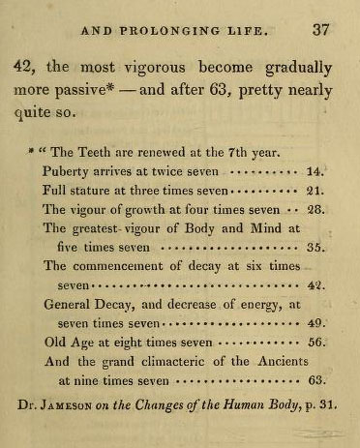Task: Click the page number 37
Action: pyautogui.click(x=320, y=30)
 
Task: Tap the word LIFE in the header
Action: pyautogui.click(x=268, y=31)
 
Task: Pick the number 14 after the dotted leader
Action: pyautogui.click(x=314, y=170)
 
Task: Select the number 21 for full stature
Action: pyautogui.click(x=314, y=190)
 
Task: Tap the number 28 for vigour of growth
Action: pyautogui.click(x=314, y=209)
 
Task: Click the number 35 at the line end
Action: pyautogui.click(x=314, y=247)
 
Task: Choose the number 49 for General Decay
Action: pyautogui.click(x=314, y=323)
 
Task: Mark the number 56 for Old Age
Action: pyautogui.click(x=314, y=343)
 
